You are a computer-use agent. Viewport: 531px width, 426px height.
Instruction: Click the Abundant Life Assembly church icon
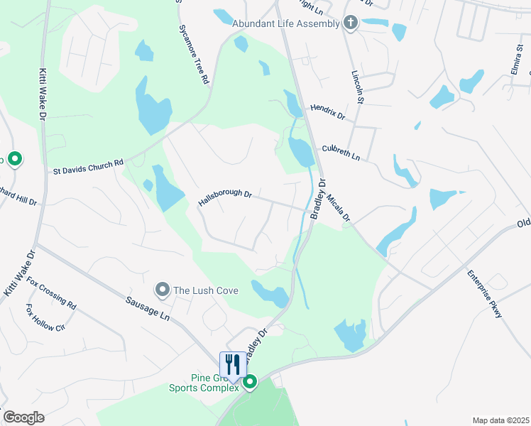pos(350,23)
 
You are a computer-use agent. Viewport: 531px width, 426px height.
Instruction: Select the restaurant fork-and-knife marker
pos(232,365)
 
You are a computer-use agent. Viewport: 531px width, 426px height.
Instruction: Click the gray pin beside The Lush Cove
pos(163,289)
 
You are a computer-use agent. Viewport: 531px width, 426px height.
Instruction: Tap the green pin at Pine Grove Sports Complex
pos(250,383)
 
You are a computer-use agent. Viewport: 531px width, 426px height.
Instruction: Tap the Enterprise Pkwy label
pos(484,293)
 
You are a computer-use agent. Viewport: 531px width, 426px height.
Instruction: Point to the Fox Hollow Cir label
pos(45,318)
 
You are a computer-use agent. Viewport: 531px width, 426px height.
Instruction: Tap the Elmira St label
pos(517,55)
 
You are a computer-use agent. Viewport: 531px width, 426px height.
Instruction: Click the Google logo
pos(23,417)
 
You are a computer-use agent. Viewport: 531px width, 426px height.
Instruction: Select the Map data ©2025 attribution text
pos(500,420)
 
